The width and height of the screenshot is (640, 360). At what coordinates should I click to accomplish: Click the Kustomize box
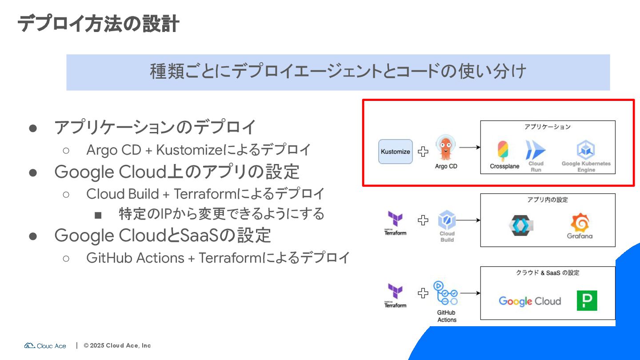[395, 152]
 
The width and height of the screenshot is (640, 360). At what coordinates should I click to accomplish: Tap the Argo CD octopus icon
[445, 148]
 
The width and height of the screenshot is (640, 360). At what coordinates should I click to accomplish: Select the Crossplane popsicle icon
[504, 151]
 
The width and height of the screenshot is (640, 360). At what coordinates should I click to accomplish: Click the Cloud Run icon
[535, 150]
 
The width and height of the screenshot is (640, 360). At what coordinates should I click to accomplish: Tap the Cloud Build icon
[447, 220]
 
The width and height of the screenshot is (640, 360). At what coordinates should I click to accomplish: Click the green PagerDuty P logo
[587, 300]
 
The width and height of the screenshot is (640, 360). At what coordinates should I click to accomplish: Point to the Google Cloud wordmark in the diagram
[529, 301]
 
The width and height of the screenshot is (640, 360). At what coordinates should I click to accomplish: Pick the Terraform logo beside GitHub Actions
[395, 292]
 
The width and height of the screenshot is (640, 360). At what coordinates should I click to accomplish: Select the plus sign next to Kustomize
[423, 152]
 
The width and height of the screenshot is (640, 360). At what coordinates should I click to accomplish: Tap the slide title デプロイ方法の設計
[98, 24]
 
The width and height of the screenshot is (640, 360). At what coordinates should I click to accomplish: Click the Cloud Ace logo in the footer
[45, 345]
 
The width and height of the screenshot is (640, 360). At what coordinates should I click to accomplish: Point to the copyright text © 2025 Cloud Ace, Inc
[117, 345]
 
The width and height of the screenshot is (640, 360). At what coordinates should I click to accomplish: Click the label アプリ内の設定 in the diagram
[547, 200]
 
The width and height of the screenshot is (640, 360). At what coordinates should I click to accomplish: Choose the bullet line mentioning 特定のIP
[221, 214]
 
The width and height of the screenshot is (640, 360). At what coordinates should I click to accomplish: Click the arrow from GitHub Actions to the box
[470, 293]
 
